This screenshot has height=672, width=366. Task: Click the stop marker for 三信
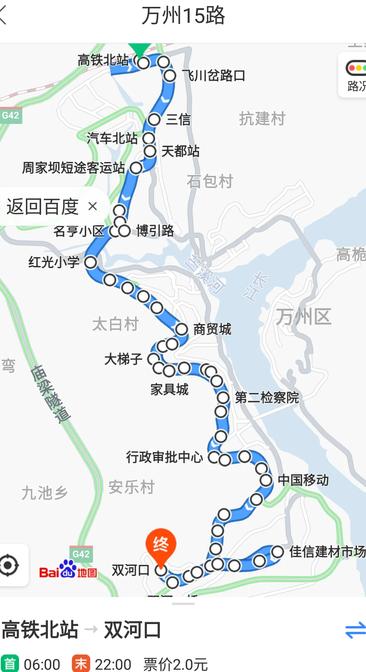pyautogui.click(x=154, y=119)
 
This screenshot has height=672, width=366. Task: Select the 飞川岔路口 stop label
pyautogui.click(x=213, y=75)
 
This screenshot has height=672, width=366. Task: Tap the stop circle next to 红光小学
pyautogui.click(x=91, y=262)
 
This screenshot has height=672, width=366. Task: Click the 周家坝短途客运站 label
pyautogui.click(x=73, y=167)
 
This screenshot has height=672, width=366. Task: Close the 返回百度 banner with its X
pyautogui.click(x=92, y=206)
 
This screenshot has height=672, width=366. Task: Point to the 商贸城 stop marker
pyautogui.click(x=181, y=330)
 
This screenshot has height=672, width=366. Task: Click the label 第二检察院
pyautogui.click(x=267, y=398)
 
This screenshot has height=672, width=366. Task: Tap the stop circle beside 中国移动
pyautogui.click(x=266, y=480)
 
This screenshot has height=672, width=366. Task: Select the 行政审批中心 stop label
pyautogui.click(x=164, y=457)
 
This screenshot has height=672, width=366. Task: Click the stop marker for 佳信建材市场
pyautogui.click(x=277, y=551)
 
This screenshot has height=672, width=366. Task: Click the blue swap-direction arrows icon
pyautogui.click(x=355, y=630)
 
